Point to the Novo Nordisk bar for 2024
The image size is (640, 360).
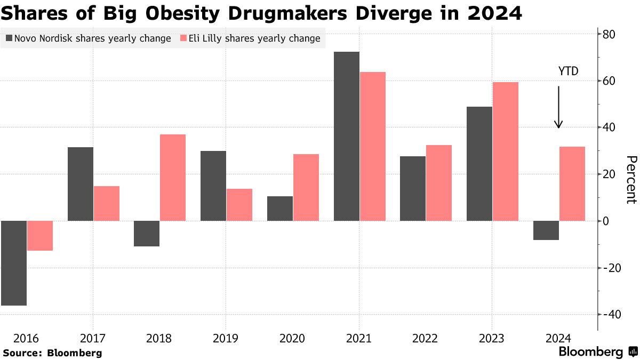pos(546,230)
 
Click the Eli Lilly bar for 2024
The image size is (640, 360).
pos(572,183)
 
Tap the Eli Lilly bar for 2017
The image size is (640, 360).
pos(107,203)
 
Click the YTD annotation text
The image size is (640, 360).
pos(568,71)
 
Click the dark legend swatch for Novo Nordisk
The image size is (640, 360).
pos(9,38)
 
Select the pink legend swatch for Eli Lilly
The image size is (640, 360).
pos(183,38)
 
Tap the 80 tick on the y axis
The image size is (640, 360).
pos(609,35)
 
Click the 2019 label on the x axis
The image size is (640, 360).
pos(226,338)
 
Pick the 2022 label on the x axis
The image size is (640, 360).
pos(426,338)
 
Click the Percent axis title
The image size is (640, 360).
pos(631,180)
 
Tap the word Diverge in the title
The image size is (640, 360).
pos(362,13)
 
